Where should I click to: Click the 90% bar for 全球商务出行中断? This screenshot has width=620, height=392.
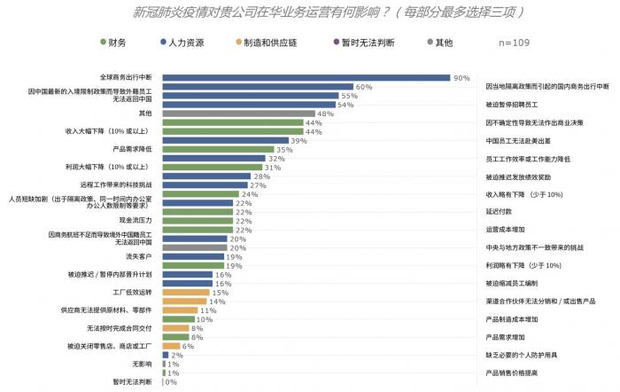point(306,78)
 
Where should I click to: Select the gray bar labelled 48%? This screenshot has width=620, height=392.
point(239,114)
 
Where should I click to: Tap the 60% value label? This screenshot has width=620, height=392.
point(363,87)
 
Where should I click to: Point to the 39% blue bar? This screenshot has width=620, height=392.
point(225,141)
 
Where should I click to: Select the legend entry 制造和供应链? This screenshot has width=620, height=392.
point(271,42)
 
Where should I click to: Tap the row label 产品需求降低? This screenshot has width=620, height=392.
point(133,149)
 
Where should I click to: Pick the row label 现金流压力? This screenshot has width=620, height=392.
point(137,219)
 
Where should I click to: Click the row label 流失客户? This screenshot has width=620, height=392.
point(140,256)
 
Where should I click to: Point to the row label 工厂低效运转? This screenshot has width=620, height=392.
point(133,292)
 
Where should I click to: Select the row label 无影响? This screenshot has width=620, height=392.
point(142,364)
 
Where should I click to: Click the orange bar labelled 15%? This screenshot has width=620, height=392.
point(185,292)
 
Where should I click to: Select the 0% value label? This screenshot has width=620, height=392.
point(171,382)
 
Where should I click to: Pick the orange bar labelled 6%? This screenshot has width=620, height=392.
point(171,346)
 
